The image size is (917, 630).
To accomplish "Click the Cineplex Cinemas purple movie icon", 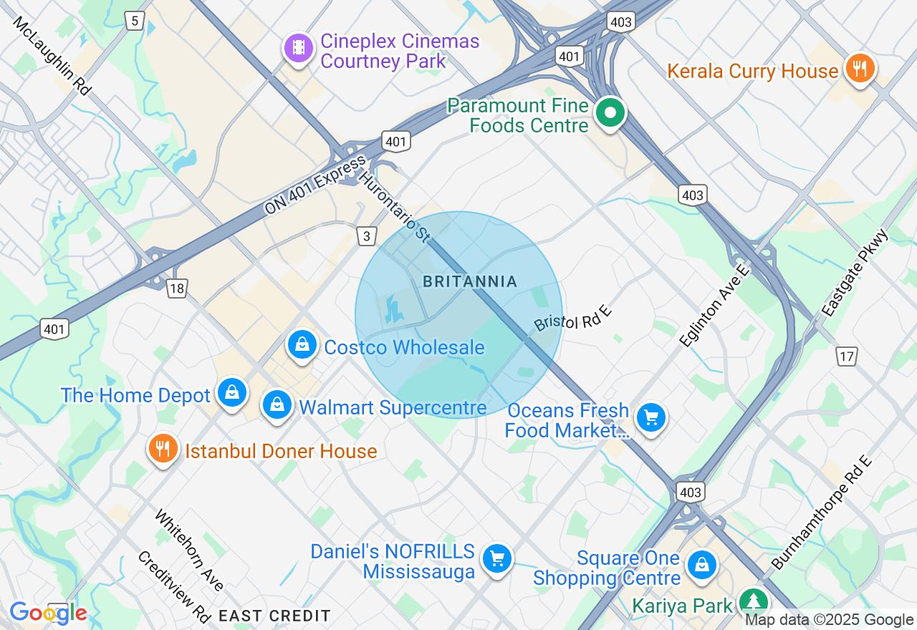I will click(x=299, y=49).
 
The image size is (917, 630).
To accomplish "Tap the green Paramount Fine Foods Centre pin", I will click(x=610, y=113).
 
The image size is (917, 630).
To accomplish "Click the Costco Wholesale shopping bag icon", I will click(x=302, y=345).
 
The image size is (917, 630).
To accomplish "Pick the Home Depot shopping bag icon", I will click(x=232, y=393).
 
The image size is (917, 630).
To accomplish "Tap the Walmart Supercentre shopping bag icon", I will click(x=277, y=405).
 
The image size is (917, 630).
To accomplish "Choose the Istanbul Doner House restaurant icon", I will click(x=163, y=449).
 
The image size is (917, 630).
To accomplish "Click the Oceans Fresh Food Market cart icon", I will click(x=650, y=418).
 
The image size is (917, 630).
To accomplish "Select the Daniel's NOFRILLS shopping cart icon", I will click(x=496, y=558).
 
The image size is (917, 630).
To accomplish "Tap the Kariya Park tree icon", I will click(x=753, y=601).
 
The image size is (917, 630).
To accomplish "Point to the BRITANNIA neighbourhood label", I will click(x=470, y=281).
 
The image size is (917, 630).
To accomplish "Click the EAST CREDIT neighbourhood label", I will click(x=274, y=616).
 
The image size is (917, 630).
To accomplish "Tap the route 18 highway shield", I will click(x=177, y=289).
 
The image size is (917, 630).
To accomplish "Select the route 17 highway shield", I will click(x=846, y=355).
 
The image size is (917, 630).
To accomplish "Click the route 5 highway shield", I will click(x=135, y=21).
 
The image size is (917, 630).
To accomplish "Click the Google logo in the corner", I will click(x=48, y=613).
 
